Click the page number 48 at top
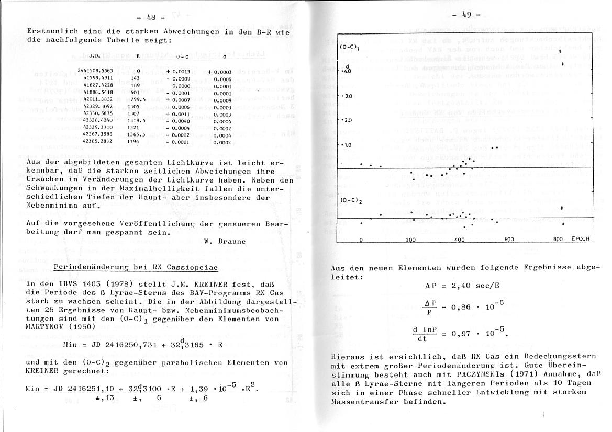pos(154,18)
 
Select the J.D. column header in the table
pos(94,55)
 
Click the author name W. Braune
pos(225,242)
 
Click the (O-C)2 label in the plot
pos(349,201)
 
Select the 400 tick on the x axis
pos(460,240)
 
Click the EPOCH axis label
pos(580,239)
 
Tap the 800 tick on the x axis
pos(558,239)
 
